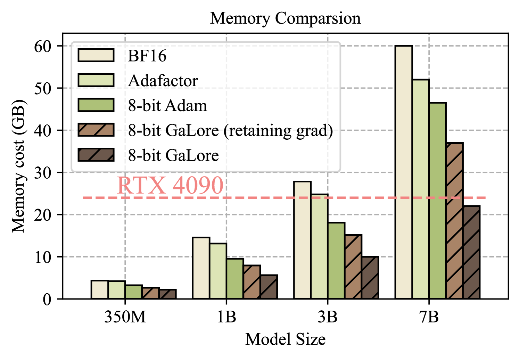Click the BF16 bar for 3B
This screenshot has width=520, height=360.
click(x=302, y=240)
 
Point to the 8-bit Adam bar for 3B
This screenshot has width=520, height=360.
click(x=336, y=261)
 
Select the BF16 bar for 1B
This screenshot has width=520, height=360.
click(x=201, y=268)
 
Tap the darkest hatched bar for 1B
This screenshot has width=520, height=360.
click(x=269, y=287)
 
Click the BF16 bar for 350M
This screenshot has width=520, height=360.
click(x=100, y=289)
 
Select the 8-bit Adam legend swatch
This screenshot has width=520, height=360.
click(x=96, y=105)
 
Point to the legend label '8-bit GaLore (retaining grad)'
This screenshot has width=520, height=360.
click(x=230, y=130)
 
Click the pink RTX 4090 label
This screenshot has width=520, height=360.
click(x=170, y=186)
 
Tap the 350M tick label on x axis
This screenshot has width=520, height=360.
click(x=125, y=317)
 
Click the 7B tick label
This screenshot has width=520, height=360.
click(x=429, y=317)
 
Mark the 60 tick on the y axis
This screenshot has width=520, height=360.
click(x=43, y=46)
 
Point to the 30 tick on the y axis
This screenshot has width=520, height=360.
click(x=43, y=173)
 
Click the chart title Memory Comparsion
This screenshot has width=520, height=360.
click(x=285, y=18)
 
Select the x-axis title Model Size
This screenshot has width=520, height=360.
click(x=285, y=339)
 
